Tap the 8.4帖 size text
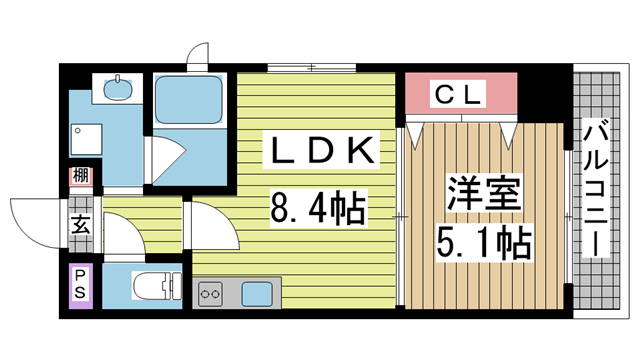316,209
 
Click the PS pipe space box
80,285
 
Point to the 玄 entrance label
79,224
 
